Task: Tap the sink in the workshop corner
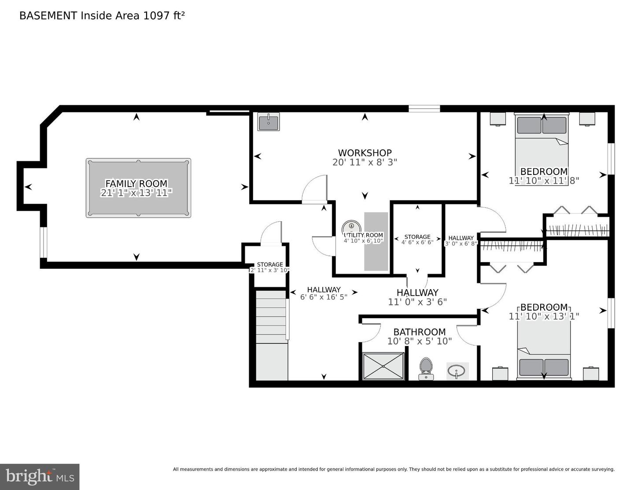click(x=268, y=122)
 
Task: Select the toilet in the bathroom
click(x=425, y=368)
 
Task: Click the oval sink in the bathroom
click(x=457, y=371)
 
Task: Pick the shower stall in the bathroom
click(x=383, y=366)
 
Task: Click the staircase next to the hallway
click(x=272, y=335)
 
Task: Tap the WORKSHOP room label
click(x=365, y=153)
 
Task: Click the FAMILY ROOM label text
click(x=136, y=183)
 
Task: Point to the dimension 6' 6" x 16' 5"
click(x=324, y=297)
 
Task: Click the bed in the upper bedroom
click(x=542, y=150)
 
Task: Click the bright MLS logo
click(x=40, y=477)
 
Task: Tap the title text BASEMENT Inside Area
click(x=102, y=16)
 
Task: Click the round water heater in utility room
click(x=351, y=226)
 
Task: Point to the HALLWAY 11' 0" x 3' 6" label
click(x=417, y=297)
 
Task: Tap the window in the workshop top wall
click(x=424, y=108)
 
